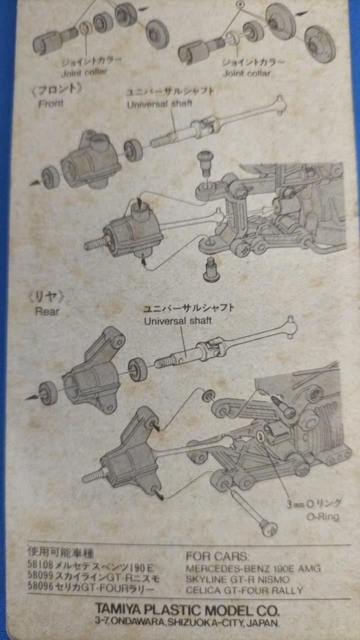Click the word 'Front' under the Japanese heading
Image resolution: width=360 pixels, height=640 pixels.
click(51, 103)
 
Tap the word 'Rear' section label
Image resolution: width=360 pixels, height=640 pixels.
click(47, 311)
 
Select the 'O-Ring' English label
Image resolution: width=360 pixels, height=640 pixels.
click(323, 516)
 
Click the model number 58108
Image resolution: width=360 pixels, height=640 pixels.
click(40, 564)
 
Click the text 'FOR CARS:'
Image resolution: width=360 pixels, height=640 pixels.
click(217, 556)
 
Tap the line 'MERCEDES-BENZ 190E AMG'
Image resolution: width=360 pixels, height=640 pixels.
click(253, 568)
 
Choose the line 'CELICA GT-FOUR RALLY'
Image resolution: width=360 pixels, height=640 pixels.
click(244, 590)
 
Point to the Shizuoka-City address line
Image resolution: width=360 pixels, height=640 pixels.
click(187, 622)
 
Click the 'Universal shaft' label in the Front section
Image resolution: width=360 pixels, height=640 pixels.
click(159, 104)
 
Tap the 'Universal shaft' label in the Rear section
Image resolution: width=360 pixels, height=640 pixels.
click(177, 321)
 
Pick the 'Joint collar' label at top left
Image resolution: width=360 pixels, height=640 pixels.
click(84, 72)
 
